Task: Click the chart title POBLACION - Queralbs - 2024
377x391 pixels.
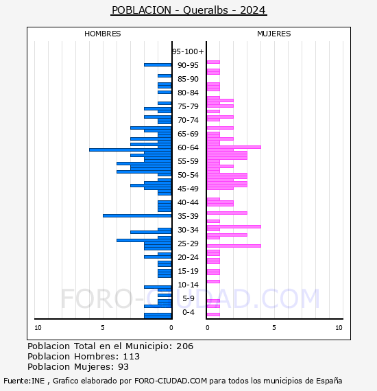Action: click(189, 10)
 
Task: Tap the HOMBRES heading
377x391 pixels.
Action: click(102, 34)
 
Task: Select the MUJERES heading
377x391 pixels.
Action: click(274, 34)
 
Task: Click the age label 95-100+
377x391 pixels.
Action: click(188, 51)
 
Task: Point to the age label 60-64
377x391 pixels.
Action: click(188, 147)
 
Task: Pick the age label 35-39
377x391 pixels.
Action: click(188, 216)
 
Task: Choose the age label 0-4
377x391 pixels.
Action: click(188, 312)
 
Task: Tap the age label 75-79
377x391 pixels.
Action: click(188, 106)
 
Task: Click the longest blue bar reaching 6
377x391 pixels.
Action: click(130, 150)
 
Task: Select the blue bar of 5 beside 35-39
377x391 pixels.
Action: click(137, 215)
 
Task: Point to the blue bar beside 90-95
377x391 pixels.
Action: click(158, 65)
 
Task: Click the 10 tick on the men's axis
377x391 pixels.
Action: click(38, 328)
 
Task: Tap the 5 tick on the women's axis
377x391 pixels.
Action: click(274, 328)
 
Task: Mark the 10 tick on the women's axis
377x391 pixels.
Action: click(339, 328)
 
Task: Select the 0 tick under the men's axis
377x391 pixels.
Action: click(171, 328)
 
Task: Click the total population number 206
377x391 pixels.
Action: click(184, 346)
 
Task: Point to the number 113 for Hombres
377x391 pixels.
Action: click(132, 356)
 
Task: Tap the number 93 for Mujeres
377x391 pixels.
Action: click(123, 367)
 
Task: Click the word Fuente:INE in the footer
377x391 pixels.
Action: click(24, 381)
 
